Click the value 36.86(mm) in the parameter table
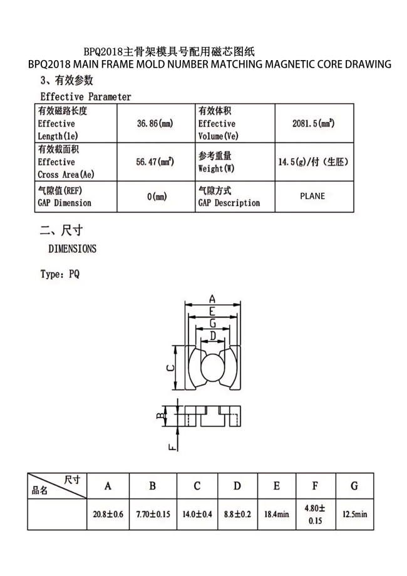click(155, 123)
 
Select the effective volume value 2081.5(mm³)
click(313, 123)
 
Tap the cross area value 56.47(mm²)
click(155, 162)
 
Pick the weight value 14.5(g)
click(313, 162)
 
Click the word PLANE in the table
click(312, 196)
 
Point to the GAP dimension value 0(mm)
click(157, 197)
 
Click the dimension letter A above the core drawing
click(212, 299)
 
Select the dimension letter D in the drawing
click(213, 336)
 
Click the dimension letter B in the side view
click(160, 414)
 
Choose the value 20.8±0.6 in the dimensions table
click(108, 514)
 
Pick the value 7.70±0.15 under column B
click(153, 514)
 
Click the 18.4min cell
click(276, 514)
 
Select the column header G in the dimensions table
click(354, 486)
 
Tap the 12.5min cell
click(354, 514)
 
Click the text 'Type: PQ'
click(60, 274)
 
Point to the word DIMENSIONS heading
click(73, 249)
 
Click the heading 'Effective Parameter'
click(86, 96)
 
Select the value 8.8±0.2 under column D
click(237, 514)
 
